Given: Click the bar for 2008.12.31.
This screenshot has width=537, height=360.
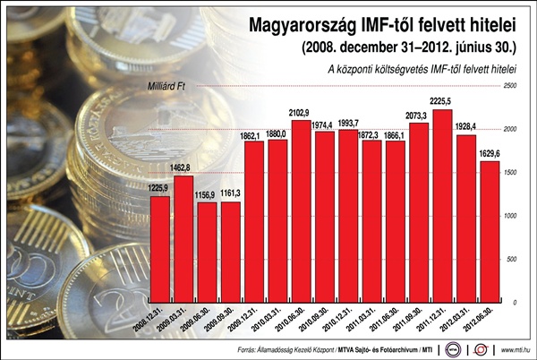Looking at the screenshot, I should click(x=160, y=249).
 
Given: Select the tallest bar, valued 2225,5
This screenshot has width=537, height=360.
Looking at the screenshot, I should click(x=442, y=206).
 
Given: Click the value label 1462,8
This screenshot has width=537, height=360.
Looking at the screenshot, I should click(x=183, y=167).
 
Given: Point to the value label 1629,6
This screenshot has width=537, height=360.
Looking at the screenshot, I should click(x=490, y=153).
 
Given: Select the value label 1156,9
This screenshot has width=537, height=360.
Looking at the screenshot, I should click(x=207, y=194).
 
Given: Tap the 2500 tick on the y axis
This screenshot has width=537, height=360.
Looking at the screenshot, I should click(x=511, y=86).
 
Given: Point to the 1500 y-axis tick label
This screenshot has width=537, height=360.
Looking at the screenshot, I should click(x=511, y=173).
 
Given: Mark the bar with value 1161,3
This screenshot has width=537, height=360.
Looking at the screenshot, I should click(x=230, y=252).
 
